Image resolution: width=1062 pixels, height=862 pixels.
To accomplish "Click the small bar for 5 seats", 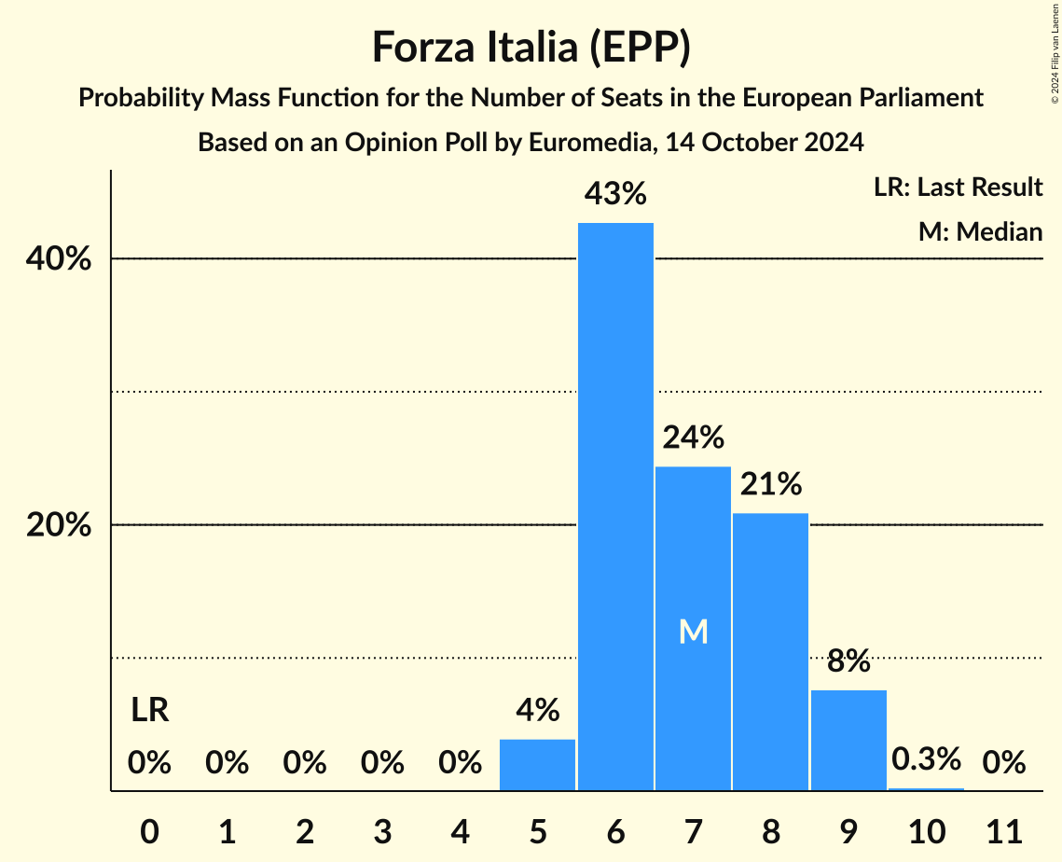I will click(538, 765).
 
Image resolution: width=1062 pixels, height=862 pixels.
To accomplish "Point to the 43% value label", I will click(615, 194).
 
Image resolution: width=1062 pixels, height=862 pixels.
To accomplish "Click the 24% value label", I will click(693, 437).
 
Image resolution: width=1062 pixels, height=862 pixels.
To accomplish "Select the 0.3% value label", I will click(926, 759).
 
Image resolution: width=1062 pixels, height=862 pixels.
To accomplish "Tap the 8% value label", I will click(848, 660).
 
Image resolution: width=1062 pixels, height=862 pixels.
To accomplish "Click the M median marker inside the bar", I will click(693, 632).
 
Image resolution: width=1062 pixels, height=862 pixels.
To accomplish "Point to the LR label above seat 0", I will click(149, 711).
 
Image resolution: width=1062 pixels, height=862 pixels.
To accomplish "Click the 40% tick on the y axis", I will click(59, 259).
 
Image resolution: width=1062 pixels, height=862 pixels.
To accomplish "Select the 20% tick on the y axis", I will click(59, 525).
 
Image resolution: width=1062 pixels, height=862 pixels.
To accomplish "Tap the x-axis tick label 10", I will click(926, 829).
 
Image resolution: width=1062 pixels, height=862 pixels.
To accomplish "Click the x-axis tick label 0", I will click(149, 829).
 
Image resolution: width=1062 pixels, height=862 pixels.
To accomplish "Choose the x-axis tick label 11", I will click(1003, 829).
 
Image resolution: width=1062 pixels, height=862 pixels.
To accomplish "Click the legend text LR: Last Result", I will click(958, 188).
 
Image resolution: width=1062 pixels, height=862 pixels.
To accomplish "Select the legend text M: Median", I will click(980, 231).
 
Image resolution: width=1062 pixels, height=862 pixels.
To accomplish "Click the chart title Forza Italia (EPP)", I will click(531, 48).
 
